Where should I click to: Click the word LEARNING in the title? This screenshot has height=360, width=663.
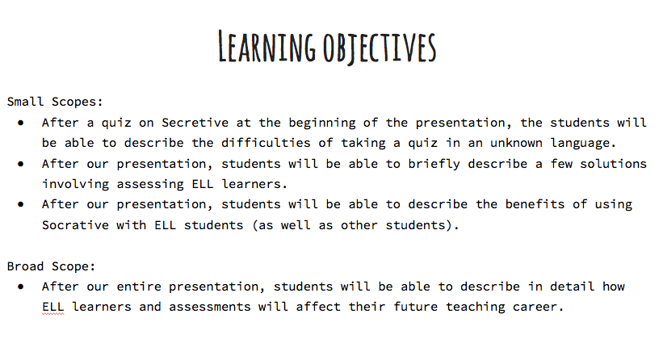pyautogui.click(x=266, y=47)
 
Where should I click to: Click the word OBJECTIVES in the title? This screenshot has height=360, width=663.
pyautogui.click(x=380, y=48)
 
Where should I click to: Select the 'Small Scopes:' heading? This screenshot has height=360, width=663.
pyautogui.click(x=55, y=102)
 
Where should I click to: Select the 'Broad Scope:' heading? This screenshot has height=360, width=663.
pyautogui.click(x=51, y=266)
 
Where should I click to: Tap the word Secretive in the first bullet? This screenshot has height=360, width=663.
pyautogui.click(x=195, y=123)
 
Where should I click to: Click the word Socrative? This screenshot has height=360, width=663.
pyautogui.click(x=75, y=224)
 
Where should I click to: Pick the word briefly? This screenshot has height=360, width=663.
pyautogui.click(x=434, y=165)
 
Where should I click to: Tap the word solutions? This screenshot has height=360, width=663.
pyautogui.click(x=614, y=164)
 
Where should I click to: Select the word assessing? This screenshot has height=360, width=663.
pyautogui.click(x=150, y=185)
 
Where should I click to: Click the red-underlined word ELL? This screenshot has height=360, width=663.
pyautogui.click(x=52, y=307)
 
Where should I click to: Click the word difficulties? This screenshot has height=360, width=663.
pyautogui.click(x=266, y=143)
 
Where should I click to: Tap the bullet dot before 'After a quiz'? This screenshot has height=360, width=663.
pyautogui.click(x=21, y=123)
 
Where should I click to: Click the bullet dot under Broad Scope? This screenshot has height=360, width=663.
pyautogui.click(x=21, y=287)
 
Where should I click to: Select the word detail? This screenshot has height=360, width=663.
pyautogui.click(x=572, y=287)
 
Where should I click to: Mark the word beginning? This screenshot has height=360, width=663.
pyautogui.click(x=322, y=123)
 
